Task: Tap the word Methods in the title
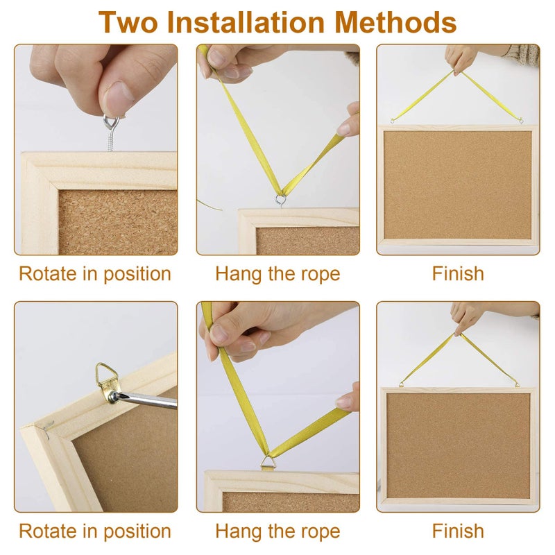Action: point(395,22)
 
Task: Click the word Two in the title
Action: point(128,22)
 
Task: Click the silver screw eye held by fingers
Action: point(111,133)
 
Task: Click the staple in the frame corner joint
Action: point(48,427)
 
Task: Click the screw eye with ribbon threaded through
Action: point(281,200)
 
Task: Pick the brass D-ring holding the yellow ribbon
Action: point(268,462)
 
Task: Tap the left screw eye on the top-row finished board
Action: point(392,121)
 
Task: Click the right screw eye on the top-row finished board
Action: point(521,121)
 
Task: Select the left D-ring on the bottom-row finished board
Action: point(401,384)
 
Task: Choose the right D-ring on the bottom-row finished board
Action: point(517,384)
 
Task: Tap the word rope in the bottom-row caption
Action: point(321,532)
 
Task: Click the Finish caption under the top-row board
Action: point(458,273)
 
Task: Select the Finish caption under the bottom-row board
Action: point(458,531)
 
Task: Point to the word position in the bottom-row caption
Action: point(137,532)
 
